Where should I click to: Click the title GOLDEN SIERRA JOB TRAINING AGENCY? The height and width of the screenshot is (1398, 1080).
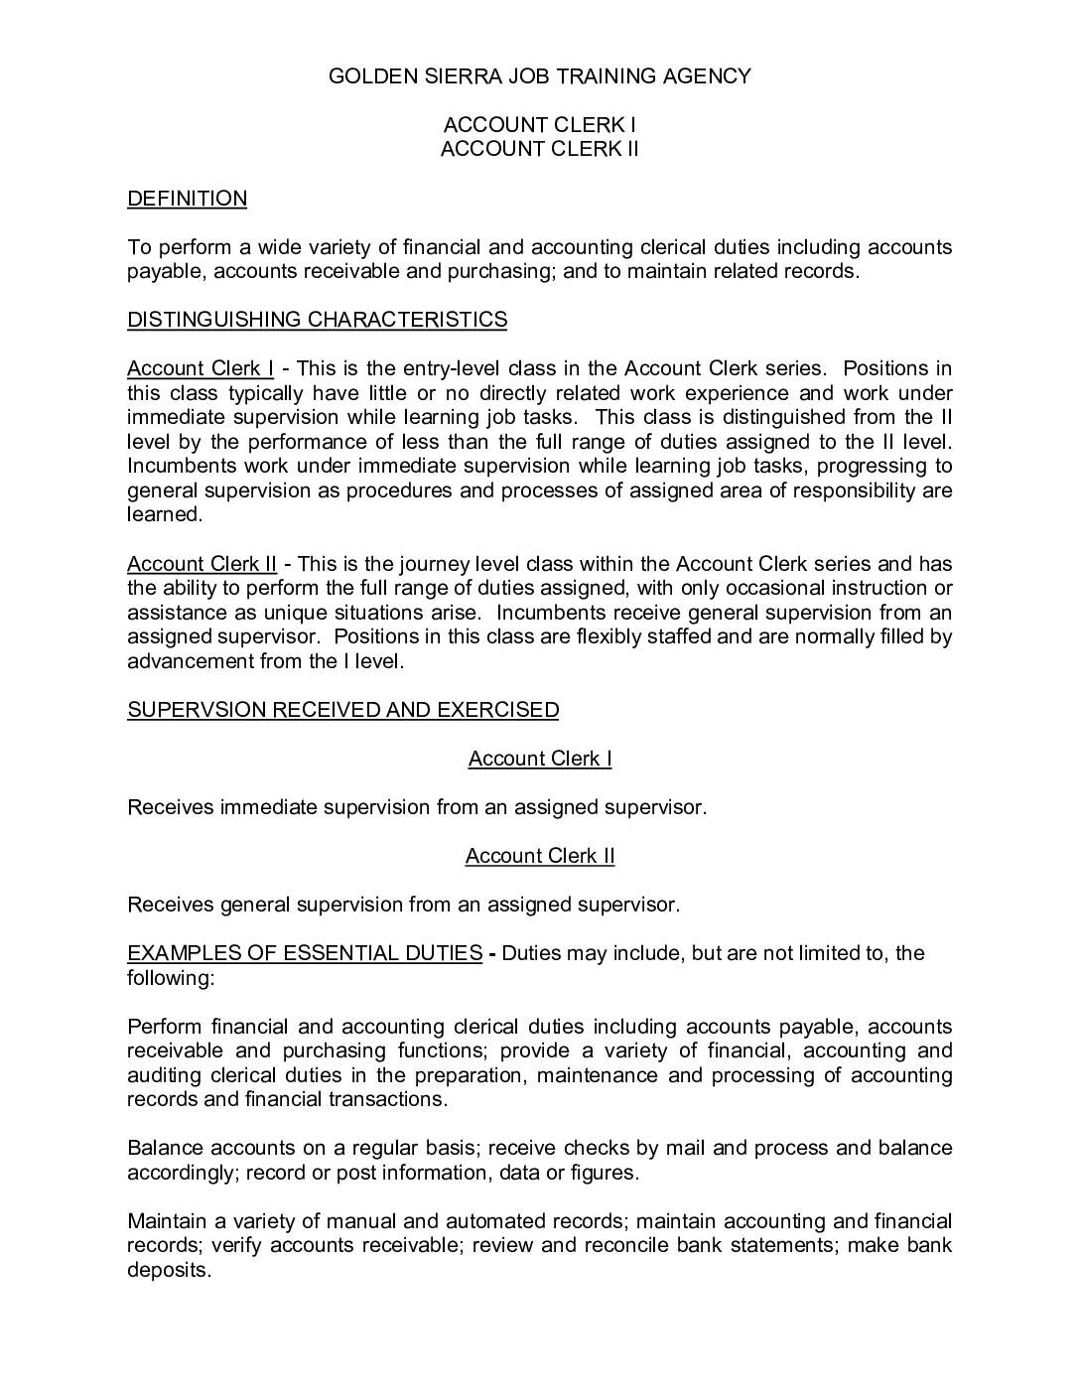tap(539, 75)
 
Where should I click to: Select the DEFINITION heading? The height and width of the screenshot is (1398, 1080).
tap(187, 199)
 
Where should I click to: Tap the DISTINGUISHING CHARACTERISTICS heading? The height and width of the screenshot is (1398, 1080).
tap(317, 320)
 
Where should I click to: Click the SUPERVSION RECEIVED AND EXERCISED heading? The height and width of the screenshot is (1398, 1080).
tap(342, 710)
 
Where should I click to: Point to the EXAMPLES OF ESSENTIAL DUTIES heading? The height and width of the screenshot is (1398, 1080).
tap(304, 953)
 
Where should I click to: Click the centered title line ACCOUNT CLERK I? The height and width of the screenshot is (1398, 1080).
tap(539, 125)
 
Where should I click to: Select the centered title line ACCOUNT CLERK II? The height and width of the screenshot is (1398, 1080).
tap(539, 149)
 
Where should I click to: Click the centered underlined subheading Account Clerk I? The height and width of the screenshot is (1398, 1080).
tap(539, 759)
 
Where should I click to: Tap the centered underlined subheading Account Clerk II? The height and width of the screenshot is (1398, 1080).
tap(539, 856)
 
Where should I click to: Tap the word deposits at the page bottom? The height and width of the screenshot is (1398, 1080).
tap(169, 1270)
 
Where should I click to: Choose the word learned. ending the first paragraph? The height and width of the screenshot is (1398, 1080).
tap(164, 514)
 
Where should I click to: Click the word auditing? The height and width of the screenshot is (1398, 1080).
tap(164, 1075)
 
